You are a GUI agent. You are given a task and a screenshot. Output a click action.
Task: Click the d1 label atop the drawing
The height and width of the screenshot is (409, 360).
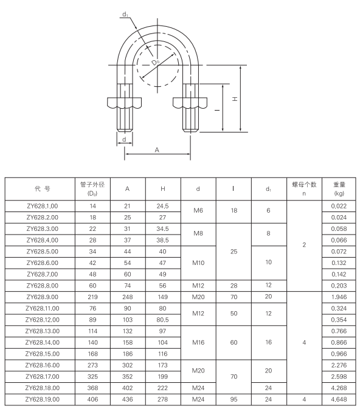point(125,14)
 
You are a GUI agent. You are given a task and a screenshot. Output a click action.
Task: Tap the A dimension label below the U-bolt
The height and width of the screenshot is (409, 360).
point(157,149)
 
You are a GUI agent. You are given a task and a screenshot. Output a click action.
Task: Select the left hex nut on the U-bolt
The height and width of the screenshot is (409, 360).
point(124,101)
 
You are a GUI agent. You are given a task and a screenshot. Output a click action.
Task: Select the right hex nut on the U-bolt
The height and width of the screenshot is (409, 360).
point(190,101)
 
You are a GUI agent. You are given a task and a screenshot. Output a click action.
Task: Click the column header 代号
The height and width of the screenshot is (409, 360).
point(42,188)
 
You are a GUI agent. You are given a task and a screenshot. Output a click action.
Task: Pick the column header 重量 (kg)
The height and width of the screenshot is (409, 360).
point(339,188)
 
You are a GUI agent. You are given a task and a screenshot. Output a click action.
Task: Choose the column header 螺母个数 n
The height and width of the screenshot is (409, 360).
point(304,188)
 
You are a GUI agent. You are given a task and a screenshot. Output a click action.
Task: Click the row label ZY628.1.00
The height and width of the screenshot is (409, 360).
point(42,206)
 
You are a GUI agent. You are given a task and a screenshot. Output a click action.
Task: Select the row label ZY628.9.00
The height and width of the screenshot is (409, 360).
point(42,297)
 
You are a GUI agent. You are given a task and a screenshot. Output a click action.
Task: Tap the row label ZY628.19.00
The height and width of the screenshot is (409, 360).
point(42,399)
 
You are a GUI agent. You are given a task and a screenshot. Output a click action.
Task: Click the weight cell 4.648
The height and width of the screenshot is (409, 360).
point(339,399)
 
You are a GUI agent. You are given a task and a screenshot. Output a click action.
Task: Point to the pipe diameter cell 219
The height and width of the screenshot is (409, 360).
point(93,297)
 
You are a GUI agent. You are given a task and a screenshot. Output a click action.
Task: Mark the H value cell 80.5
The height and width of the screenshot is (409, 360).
point(162,320)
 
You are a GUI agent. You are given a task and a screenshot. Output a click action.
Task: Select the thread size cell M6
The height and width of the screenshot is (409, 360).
point(198,211)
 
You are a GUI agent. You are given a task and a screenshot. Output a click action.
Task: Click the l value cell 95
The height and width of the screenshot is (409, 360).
point(234,399)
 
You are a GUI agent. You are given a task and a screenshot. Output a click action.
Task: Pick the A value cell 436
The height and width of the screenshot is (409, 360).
point(127,399)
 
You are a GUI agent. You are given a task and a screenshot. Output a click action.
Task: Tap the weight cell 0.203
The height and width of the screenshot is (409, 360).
point(339,285)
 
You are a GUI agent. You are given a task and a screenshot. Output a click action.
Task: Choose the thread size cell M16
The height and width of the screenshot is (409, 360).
point(198,342)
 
